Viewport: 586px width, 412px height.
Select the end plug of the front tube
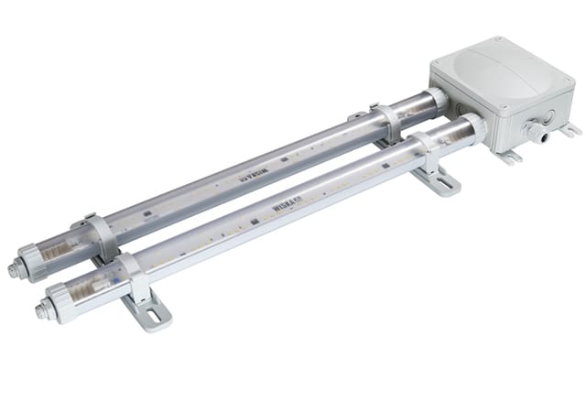[x=42, y=309]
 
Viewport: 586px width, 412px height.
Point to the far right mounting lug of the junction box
[x=570, y=130]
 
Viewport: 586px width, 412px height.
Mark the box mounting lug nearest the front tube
[x=510, y=157]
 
